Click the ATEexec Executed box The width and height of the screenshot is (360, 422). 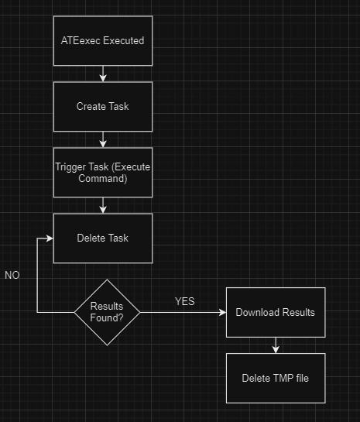102,40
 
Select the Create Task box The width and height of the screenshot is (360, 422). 102,106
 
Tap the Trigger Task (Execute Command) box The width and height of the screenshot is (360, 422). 102,172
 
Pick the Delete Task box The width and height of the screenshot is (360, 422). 102,238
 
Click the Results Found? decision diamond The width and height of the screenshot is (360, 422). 108,312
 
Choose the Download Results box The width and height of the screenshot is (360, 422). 276,312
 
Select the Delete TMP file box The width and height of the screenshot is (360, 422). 276,378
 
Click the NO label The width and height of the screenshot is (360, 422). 12,276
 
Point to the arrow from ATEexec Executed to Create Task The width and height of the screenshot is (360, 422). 102,73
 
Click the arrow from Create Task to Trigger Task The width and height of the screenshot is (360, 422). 102,139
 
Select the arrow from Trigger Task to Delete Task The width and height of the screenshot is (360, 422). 102,204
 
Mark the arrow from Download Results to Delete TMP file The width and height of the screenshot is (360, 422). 276,345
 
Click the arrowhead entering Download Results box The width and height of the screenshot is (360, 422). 221,312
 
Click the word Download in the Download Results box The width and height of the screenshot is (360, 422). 256,312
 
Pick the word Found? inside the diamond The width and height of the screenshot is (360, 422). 108,317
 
